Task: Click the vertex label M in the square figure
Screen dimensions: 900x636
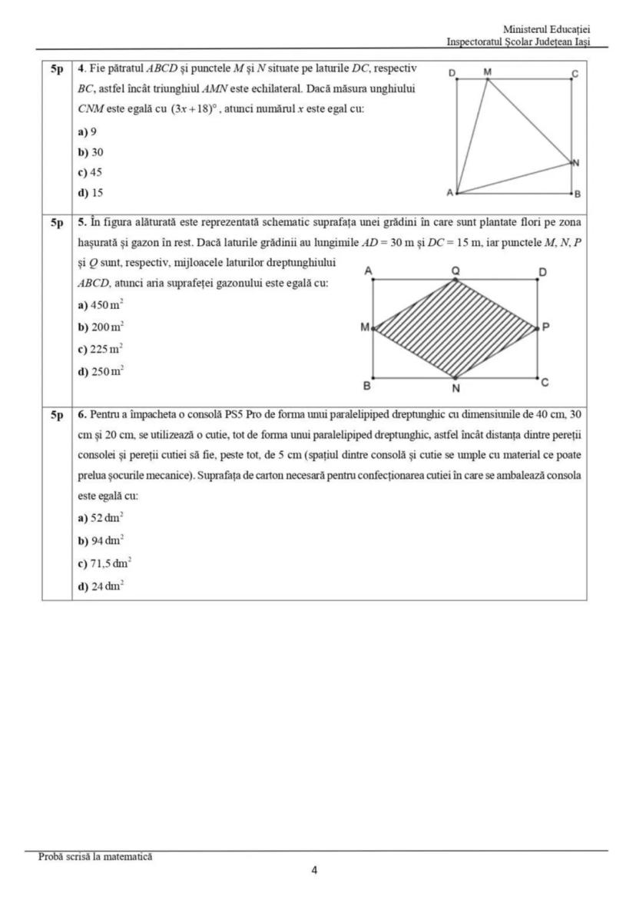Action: tap(488, 71)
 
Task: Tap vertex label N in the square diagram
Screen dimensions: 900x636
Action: tap(576, 163)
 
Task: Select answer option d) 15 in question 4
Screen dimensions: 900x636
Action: tap(91, 192)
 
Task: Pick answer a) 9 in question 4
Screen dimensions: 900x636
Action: tap(88, 131)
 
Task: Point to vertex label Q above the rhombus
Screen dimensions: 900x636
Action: tap(455, 271)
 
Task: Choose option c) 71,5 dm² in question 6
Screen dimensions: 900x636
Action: tap(104, 563)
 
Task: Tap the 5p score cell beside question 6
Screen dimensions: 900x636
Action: tap(57, 416)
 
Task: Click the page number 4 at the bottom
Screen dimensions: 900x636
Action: tap(315, 871)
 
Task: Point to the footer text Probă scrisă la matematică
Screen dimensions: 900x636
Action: tap(95, 856)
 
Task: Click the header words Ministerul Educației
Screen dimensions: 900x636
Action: tap(546, 29)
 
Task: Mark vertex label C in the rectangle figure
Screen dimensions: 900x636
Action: tap(545, 382)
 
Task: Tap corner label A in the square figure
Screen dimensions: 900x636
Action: tap(450, 192)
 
